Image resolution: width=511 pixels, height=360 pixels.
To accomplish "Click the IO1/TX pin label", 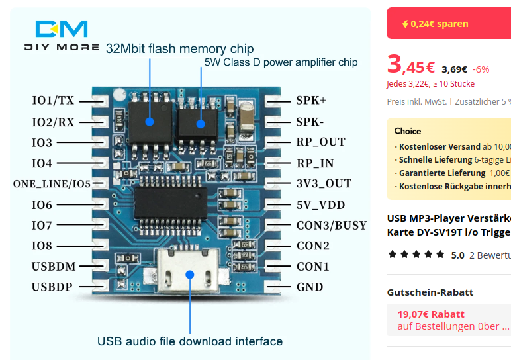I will (53, 101).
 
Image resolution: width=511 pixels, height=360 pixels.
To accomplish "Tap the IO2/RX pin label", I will (53, 122).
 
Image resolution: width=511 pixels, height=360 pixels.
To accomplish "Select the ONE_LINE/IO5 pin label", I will (52, 184).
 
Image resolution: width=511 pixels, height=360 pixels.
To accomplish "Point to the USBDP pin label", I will (52, 287).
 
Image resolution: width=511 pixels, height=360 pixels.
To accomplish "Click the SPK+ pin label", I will (311, 101).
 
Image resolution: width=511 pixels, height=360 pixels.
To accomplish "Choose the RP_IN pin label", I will (315, 163).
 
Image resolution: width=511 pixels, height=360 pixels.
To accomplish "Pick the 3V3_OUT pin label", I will (324, 183).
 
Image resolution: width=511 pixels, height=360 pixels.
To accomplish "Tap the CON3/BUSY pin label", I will (331, 226).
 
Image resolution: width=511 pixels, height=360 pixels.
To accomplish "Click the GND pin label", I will (310, 287).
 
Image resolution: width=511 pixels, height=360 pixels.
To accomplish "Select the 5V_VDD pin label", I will (320, 205).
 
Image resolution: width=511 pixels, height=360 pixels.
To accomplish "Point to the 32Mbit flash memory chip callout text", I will (179, 48).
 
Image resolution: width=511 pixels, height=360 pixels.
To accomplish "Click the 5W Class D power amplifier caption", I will (281, 62).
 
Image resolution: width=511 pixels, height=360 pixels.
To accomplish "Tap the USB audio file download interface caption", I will (190, 341).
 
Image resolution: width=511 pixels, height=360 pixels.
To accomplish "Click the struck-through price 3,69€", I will (454, 69).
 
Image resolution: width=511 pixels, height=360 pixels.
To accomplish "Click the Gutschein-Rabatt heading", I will (430, 292).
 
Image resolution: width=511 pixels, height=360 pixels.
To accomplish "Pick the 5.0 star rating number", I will (457, 255).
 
